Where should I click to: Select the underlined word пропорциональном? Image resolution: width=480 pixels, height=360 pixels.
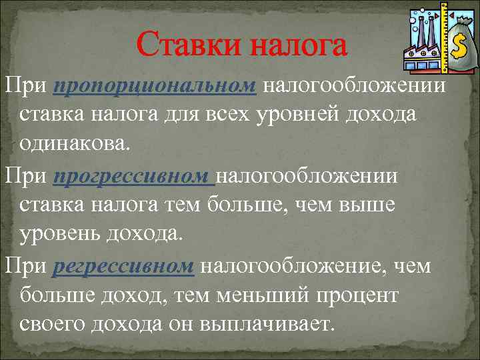(154, 85)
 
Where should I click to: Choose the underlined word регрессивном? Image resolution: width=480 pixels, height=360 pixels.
(123, 267)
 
